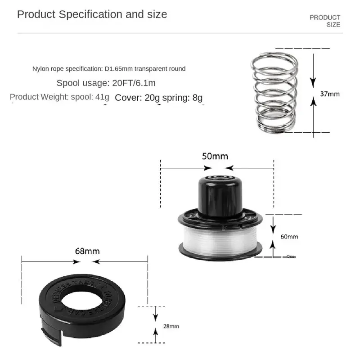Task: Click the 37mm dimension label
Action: tap(330, 94)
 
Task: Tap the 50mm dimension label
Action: tap(215, 157)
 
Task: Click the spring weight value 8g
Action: tap(197, 97)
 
